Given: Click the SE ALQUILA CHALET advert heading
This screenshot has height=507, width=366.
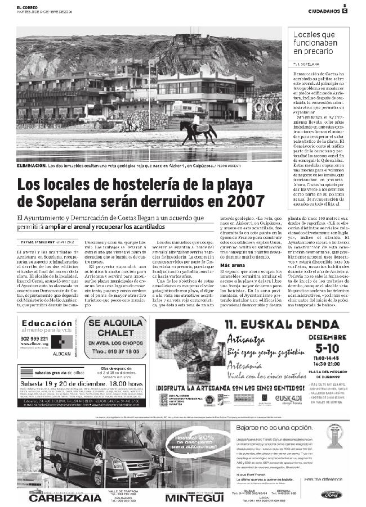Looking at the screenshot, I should coord(117,329).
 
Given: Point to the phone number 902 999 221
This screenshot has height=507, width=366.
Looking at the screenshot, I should coord(37,338).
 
